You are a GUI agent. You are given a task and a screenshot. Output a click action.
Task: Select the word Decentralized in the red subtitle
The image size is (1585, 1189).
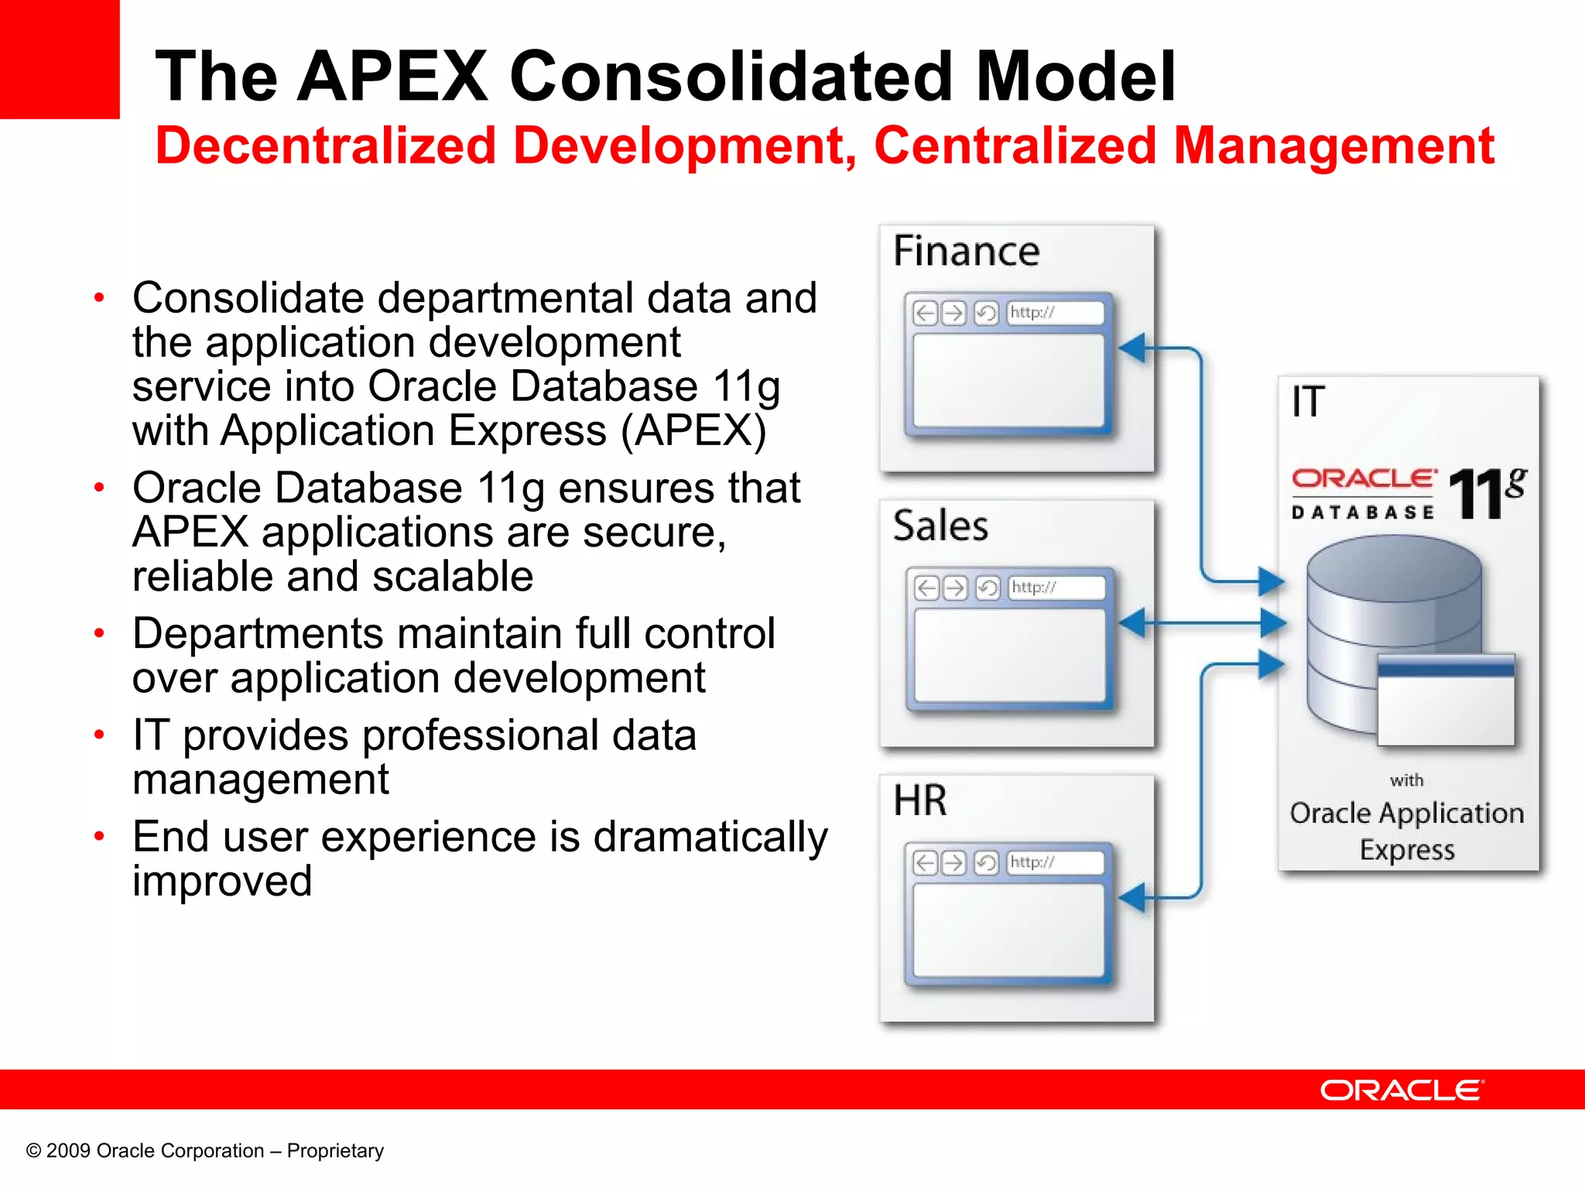325,146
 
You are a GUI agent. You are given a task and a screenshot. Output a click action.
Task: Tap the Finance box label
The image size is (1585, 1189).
966,252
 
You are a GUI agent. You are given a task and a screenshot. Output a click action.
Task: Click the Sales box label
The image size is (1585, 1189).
940,526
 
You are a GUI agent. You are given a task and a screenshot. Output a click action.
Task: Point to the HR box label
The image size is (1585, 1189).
920,800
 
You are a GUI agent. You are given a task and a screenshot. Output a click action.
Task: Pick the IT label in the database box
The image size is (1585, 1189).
1308,402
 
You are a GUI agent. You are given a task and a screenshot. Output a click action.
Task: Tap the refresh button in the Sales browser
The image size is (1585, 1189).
988,588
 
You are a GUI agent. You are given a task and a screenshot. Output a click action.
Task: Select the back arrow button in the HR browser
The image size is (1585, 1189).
925,862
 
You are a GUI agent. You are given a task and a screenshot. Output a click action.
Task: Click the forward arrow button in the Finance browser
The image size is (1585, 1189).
953,313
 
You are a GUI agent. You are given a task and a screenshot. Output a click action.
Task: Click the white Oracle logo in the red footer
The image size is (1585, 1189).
1402,1090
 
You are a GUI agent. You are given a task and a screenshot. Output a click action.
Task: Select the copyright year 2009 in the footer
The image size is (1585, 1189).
68,1151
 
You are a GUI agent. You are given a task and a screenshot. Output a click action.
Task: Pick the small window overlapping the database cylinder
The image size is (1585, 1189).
1446,701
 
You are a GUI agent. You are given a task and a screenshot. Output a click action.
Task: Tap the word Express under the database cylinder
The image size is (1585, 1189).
1407,850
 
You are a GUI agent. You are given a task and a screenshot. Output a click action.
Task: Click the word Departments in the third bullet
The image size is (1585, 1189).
258,634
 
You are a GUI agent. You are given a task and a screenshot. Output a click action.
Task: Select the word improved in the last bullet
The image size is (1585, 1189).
222,882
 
